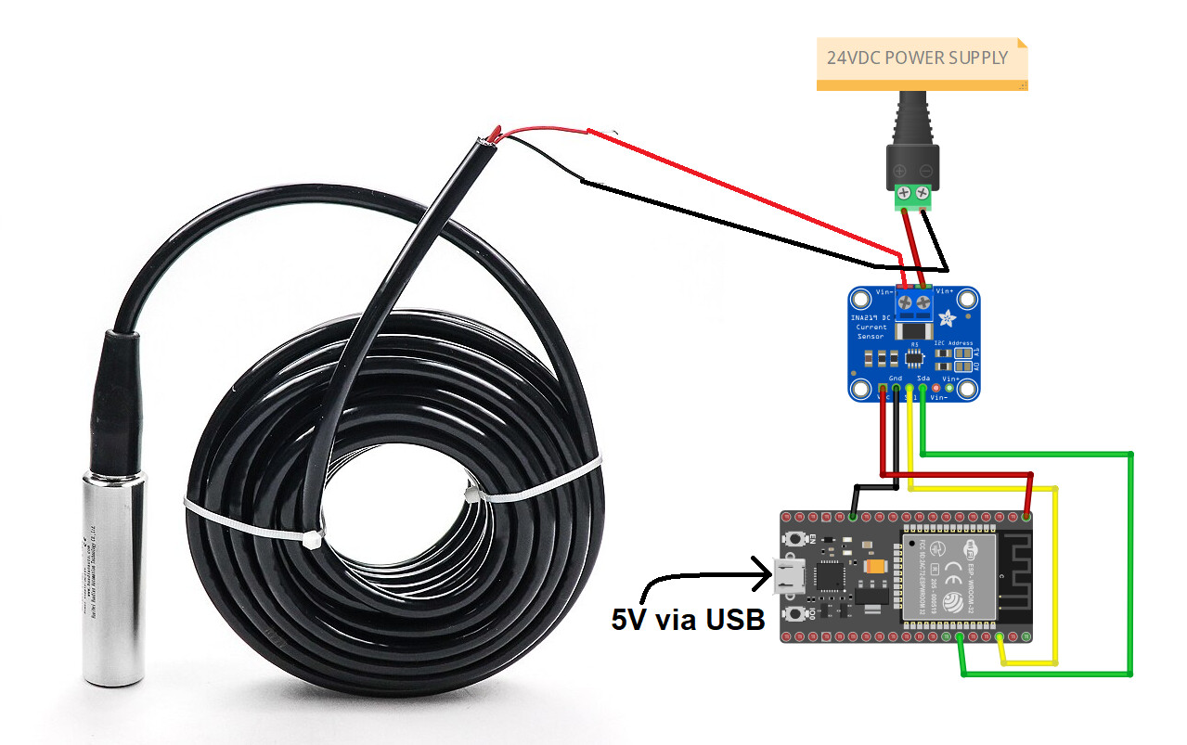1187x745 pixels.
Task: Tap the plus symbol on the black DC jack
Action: (898, 171)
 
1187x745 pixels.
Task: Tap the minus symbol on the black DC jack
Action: (924, 171)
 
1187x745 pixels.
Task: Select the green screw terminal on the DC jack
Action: (910, 196)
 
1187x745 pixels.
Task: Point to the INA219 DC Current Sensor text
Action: (871, 327)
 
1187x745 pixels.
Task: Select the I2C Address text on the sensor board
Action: (952, 343)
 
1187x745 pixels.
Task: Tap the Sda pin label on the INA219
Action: (923, 379)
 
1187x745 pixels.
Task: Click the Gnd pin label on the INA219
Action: (896, 379)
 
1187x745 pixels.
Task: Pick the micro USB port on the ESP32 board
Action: (786, 576)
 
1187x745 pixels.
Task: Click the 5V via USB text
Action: (687, 619)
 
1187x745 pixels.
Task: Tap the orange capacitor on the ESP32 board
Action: (875, 567)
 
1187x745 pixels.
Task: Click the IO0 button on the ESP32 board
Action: (795, 614)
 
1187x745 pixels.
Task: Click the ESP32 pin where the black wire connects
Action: (853, 515)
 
